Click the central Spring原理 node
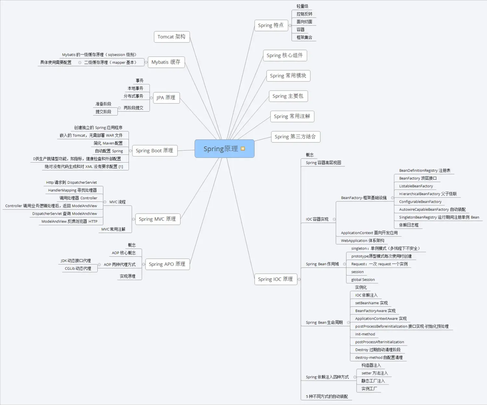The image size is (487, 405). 221,149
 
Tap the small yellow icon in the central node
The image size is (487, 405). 243,149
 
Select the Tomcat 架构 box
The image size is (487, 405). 171,37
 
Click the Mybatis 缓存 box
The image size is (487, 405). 166,62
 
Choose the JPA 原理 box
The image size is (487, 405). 166,98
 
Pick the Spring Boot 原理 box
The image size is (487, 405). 154,151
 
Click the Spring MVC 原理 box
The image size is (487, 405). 157,219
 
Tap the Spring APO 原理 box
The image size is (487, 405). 167,264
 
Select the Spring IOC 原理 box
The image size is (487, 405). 275,279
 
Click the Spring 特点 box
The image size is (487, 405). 271,25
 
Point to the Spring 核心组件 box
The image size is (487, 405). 285,55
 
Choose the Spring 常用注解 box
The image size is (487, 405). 292,117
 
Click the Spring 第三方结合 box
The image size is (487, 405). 295,137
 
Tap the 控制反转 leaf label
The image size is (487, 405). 304,14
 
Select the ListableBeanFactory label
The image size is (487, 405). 416,186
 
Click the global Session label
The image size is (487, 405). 363,280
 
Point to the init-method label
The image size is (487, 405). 365,334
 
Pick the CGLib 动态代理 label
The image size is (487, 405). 78,268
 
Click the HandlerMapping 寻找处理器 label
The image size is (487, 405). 72,190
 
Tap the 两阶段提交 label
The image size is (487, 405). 133,108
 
